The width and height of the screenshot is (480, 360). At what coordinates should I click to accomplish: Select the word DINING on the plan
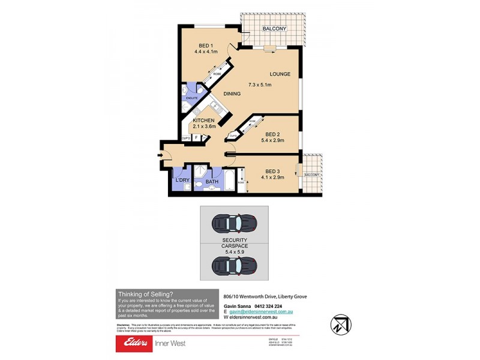[x=232, y=94]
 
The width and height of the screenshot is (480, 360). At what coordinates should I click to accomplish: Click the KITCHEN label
[x=204, y=120]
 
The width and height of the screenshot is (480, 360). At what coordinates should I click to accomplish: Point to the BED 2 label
[x=272, y=134]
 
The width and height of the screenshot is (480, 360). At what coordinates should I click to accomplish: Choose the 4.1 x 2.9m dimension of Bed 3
[x=273, y=178]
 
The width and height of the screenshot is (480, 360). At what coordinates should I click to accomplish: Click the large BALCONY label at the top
[x=274, y=29]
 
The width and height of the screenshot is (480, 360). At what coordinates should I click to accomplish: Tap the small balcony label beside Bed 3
[x=311, y=175]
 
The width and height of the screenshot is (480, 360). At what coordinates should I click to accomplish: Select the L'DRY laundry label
[x=182, y=180]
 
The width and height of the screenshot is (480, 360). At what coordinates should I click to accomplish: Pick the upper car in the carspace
[x=234, y=223]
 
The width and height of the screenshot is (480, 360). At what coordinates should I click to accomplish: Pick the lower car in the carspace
[x=234, y=264]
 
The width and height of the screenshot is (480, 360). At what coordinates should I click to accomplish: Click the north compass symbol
[x=340, y=325]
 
